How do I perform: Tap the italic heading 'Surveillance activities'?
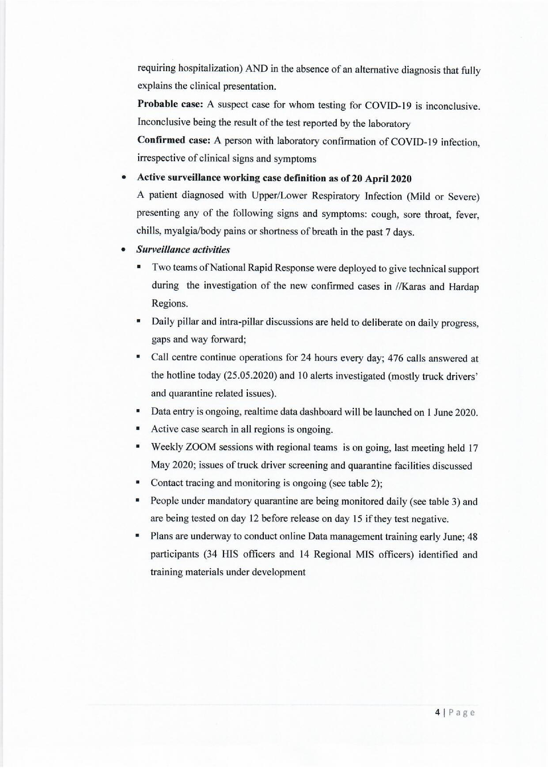[x=183, y=250]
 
